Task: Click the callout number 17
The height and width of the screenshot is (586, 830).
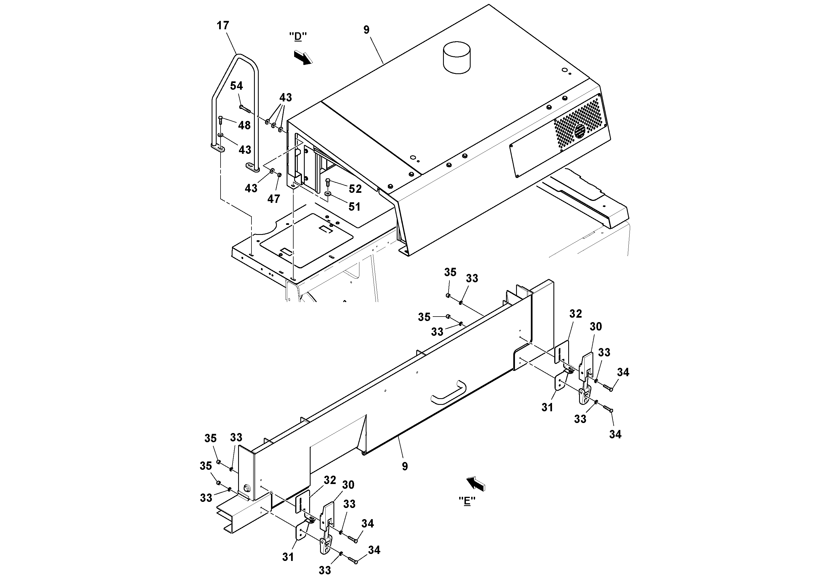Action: point(223,26)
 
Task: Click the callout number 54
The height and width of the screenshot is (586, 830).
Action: point(236,86)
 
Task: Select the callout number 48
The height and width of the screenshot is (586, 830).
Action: point(245,125)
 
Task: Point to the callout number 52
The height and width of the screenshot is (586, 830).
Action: point(355,189)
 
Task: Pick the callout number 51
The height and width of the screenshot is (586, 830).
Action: point(354,207)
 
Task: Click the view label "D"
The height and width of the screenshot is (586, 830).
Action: point(298,37)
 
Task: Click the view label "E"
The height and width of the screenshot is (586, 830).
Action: point(467,501)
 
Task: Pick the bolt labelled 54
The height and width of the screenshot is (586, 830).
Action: point(245,107)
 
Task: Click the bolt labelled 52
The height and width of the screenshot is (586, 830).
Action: point(328,182)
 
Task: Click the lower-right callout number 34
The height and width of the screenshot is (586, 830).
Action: point(615,434)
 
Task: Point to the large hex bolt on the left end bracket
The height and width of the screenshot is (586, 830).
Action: point(247,488)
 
